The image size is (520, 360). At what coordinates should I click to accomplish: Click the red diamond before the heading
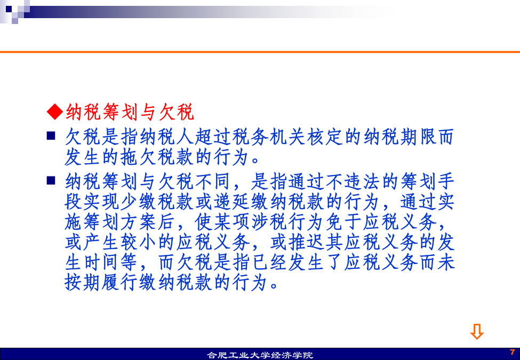click(55, 111)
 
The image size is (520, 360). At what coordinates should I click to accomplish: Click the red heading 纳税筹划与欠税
click(130, 111)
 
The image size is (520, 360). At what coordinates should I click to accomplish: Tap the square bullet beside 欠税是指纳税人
click(51, 136)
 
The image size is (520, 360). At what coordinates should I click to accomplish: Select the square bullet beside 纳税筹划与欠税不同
click(51, 180)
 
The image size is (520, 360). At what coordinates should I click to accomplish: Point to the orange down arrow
click(477, 332)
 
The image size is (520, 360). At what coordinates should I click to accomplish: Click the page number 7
click(513, 352)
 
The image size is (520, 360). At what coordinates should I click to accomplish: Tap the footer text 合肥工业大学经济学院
click(260, 355)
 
